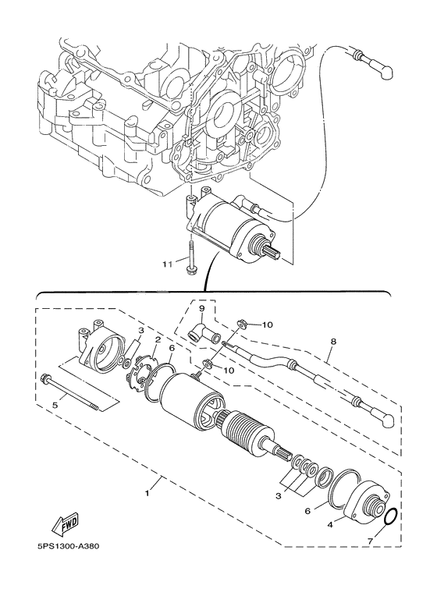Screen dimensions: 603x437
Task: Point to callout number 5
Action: pyautogui.click(x=54, y=404)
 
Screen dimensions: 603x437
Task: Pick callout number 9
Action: pyautogui.click(x=201, y=309)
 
